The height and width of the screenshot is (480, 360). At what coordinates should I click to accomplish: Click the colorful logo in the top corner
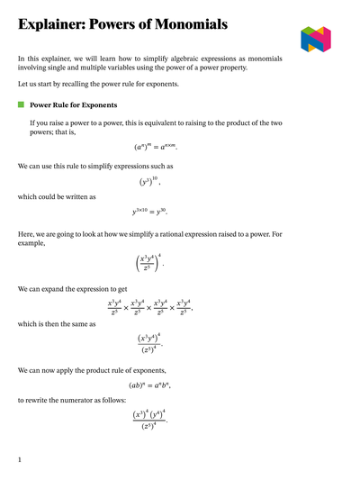coord(315,39)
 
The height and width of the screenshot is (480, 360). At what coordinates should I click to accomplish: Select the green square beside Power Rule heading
coord(22,105)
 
